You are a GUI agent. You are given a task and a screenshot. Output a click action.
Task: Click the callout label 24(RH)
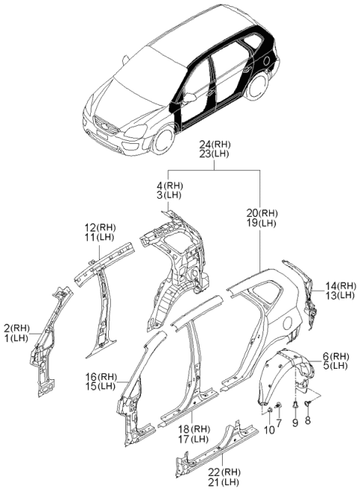pyautogui.click(x=215, y=145)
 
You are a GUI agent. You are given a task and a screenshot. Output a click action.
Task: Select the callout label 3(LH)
pyautogui.click(x=169, y=195)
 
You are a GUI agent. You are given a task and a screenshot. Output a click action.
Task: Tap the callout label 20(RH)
pyautogui.click(x=262, y=213)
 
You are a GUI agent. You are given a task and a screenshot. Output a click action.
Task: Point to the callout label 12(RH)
pyautogui.click(x=100, y=227)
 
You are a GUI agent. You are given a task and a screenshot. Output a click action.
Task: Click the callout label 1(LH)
pyautogui.click(x=16, y=338)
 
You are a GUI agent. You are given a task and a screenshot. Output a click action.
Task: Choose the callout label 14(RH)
pyautogui.click(x=340, y=286)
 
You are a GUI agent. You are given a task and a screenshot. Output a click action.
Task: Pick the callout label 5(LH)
pyautogui.click(x=335, y=365)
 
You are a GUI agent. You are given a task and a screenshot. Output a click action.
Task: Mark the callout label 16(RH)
pyautogui.click(x=101, y=376)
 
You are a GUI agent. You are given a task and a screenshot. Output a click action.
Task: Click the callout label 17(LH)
pyautogui.click(x=193, y=439)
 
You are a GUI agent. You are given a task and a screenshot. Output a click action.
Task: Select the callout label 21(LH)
pyautogui.click(x=224, y=482)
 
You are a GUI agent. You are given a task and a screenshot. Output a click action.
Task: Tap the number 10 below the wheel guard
pyautogui.click(x=269, y=430)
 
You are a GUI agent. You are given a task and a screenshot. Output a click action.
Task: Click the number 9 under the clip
pyautogui.click(x=295, y=424)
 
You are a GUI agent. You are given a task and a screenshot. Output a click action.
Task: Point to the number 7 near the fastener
pyautogui.click(x=279, y=423)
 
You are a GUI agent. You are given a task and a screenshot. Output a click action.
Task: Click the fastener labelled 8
pyautogui.click(x=307, y=404)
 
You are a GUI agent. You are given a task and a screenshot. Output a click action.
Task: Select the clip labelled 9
pyautogui.click(x=295, y=406)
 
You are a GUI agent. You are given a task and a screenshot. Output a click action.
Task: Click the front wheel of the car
pyautogui.click(x=163, y=139)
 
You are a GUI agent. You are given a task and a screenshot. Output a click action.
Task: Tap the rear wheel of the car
pyautogui.click(x=259, y=85)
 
